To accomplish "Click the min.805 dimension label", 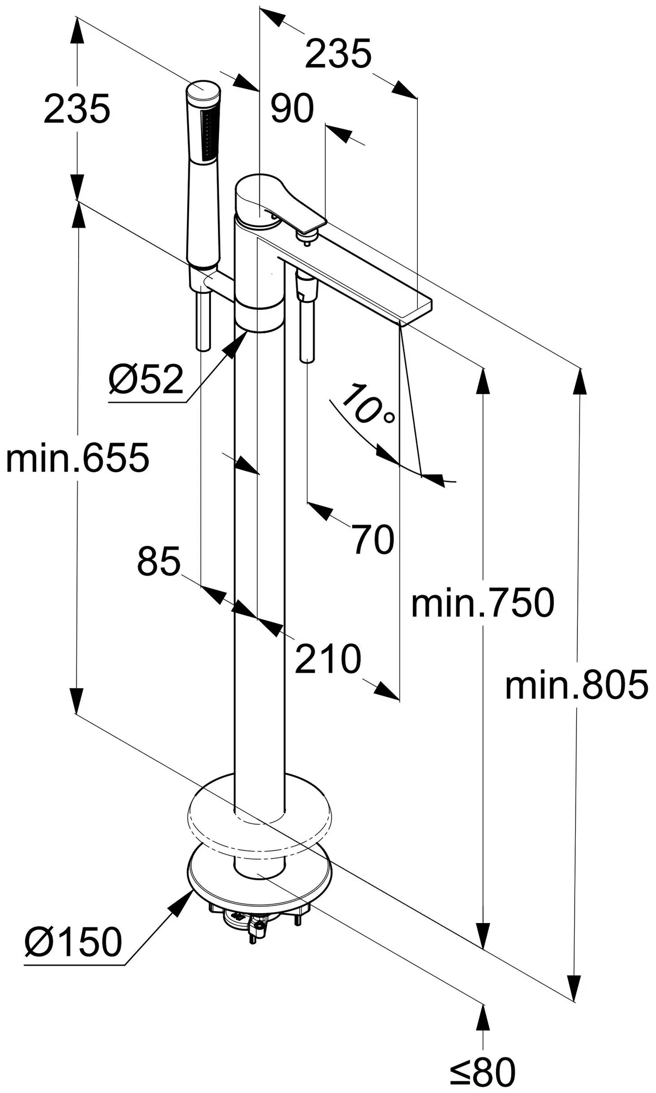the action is pos(576,685).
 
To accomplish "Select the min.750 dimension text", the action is pos(482,603).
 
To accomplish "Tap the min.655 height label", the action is pos(77,458).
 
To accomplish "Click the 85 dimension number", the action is pos(158,561).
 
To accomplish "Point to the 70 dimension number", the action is pos(373,539).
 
